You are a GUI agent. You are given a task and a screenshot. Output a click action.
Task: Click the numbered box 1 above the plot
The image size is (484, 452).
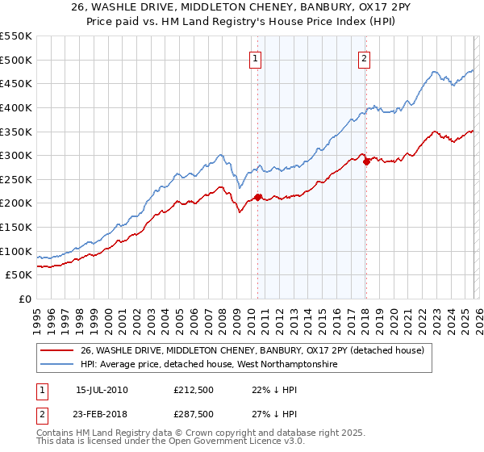click(x=255, y=57)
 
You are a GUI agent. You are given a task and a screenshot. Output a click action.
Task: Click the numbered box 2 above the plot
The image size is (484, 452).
click(x=365, y=57)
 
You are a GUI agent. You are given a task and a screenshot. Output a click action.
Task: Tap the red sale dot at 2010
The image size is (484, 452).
click(x=258, y=197)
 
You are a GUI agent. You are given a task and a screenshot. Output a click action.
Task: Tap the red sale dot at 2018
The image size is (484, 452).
click(x=366, y=161)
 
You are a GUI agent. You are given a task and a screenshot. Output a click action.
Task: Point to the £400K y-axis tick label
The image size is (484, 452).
click(x=15, y=107)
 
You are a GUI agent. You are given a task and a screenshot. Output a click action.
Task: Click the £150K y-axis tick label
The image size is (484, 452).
click(x=15, y=227)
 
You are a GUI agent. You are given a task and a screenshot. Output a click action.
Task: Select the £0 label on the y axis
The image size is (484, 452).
click(x=23, y=299)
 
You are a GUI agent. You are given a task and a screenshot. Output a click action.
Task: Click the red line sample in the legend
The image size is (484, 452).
click(x=57, y=350)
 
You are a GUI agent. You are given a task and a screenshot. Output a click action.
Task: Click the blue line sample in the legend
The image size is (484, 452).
click(x=57, y=365)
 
